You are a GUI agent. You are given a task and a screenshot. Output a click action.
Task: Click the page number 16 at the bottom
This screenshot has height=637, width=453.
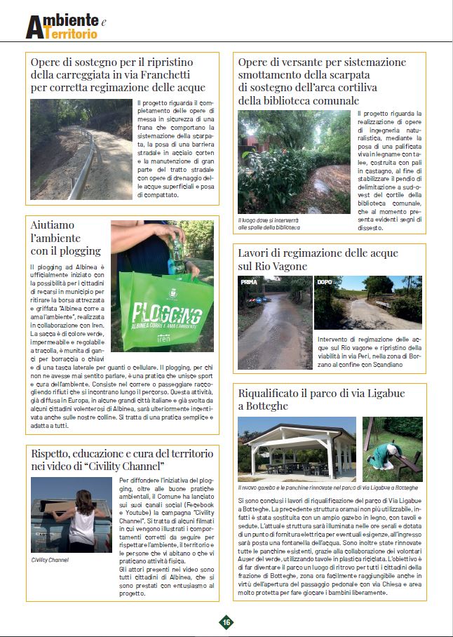pos(226,622)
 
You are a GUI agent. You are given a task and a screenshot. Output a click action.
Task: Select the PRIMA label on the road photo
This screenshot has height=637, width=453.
pos(249,282)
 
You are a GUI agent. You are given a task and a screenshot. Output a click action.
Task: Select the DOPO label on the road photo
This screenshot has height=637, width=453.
pos(325,282)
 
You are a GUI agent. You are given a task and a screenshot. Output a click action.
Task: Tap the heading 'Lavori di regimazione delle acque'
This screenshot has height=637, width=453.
pos(318,253)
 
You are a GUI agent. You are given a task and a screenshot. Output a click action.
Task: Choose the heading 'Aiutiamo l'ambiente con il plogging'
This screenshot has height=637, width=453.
pos(66,238)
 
